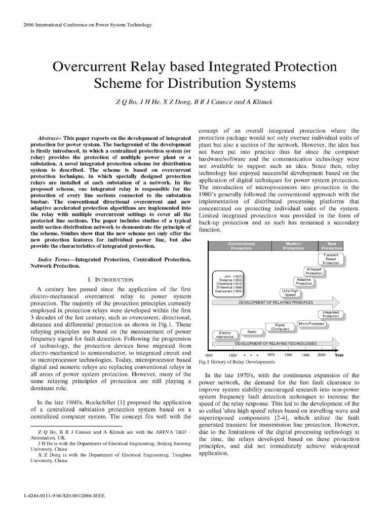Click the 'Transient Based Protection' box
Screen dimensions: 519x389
tap(331, 259)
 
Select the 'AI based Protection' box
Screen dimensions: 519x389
tap(317, 271)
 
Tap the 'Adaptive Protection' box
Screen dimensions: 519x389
tap(304, 282)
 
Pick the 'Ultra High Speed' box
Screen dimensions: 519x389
tap(290, 292)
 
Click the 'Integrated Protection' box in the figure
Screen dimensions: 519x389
tap(331, 315)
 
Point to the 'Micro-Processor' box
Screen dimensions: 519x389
tap(312, 323)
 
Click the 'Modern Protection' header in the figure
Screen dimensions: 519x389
tap(293, 246)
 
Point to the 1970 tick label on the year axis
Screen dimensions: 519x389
tap(271, 355)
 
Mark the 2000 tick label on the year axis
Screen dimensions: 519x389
tap(321, 355)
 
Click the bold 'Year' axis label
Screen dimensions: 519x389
tap(339, 355)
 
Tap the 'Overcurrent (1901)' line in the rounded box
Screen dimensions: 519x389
tap(229, 291)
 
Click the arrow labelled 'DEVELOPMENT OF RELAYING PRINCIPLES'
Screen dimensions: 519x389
tap(276, 303)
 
